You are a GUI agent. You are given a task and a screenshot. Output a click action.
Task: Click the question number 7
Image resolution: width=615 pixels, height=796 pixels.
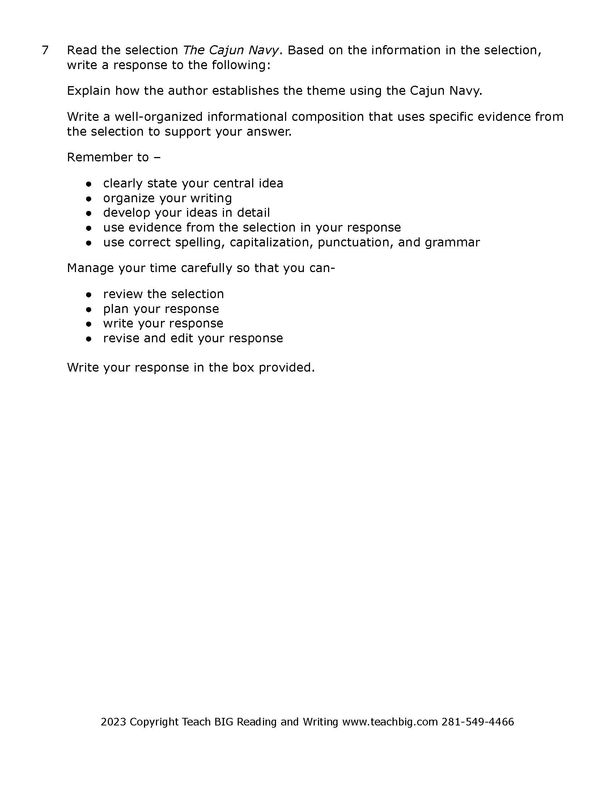pyautogui.click(x=45, y=50)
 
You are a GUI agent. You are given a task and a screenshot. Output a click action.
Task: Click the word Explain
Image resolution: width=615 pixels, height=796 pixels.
pyautogui.click(x=89, y=91)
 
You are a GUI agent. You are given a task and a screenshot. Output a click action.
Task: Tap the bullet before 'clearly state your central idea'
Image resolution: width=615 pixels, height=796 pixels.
pyautogui.click(x=89, y=184)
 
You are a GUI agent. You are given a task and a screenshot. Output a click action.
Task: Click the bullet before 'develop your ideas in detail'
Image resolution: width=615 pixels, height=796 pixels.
pyautogui.click(x=89, y=213)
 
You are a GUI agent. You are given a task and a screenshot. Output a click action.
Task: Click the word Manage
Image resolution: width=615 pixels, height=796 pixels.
pyautogui.click(x=90, y=268)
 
